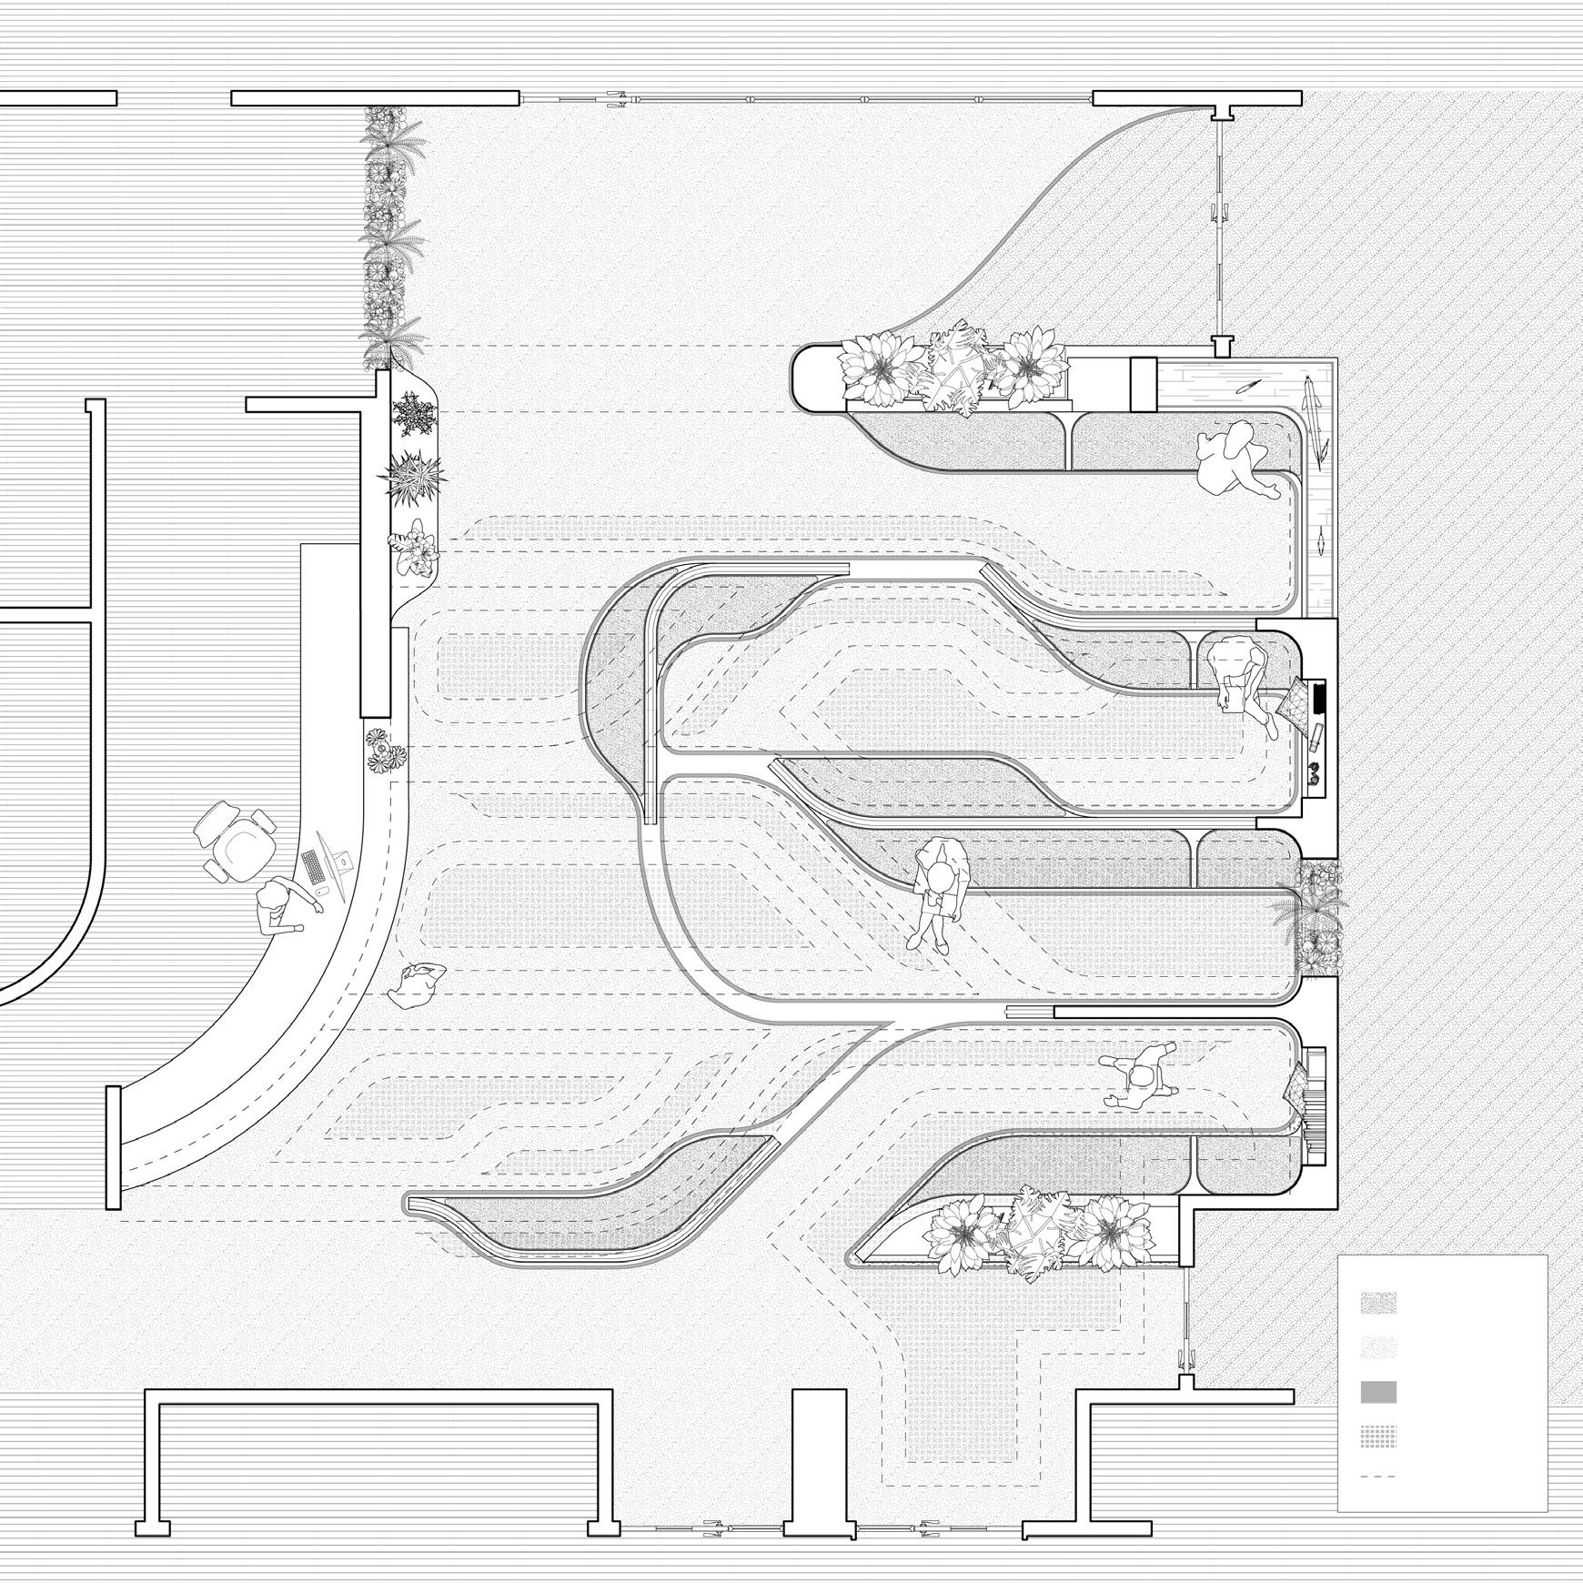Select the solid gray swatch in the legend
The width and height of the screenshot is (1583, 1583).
[x=1378, y=1392]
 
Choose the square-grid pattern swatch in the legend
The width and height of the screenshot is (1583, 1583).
[x=1378, y=1445]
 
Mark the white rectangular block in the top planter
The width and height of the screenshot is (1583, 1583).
[x=1142, y=384]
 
